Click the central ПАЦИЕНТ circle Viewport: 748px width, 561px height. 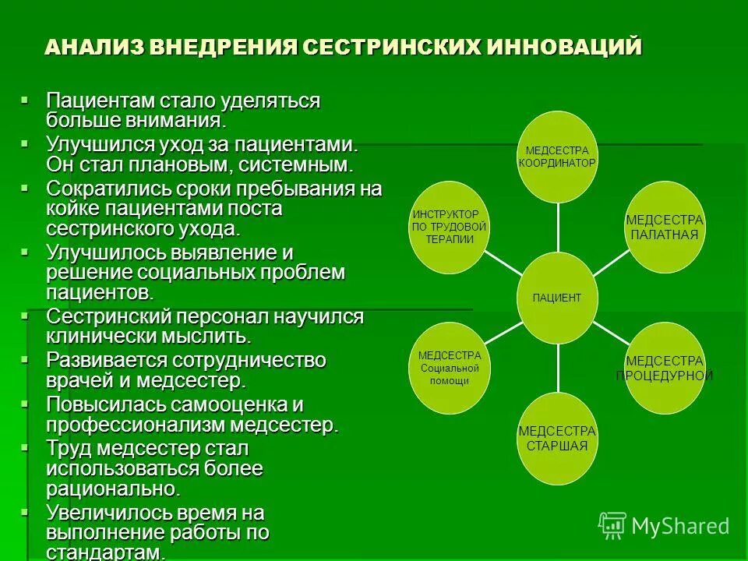557,298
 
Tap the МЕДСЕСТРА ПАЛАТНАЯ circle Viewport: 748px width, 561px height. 665,227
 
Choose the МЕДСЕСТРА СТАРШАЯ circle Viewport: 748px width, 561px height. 557,439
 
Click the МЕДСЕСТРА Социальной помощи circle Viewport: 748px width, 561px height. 449,368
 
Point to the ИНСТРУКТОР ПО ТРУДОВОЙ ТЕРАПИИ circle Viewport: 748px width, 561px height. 449,227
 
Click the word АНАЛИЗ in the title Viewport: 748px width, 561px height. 92,47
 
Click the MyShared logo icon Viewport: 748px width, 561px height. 612,525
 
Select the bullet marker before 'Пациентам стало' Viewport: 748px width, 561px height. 26,101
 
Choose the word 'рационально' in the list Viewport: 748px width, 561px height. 111,489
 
